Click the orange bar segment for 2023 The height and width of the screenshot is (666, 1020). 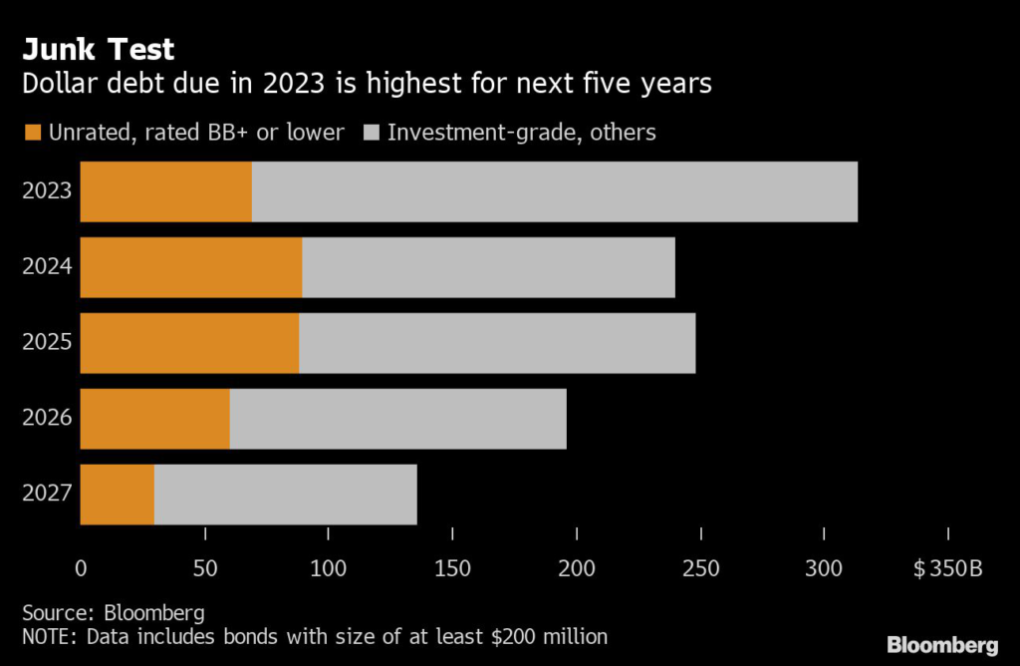[165, 191]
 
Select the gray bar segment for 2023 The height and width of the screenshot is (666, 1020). [554, 191]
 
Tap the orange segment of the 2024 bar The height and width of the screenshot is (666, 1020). [190, 267]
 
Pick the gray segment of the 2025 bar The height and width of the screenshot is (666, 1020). [496, 343]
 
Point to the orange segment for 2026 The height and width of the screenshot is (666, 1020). [154, 419]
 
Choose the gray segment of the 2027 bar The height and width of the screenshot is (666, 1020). [285, 495]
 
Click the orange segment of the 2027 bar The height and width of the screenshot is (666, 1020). [117, 495]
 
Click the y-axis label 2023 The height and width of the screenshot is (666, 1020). [47, 191]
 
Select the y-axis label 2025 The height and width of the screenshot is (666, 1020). [47, 343]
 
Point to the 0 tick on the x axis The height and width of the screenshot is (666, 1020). [81, 568]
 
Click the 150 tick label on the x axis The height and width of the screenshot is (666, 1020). [452, 568]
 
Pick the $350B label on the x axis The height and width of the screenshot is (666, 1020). [947, 568]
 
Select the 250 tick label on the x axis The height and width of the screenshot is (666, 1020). [701, 568]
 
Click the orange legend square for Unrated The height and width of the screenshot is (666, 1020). [32, 133]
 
